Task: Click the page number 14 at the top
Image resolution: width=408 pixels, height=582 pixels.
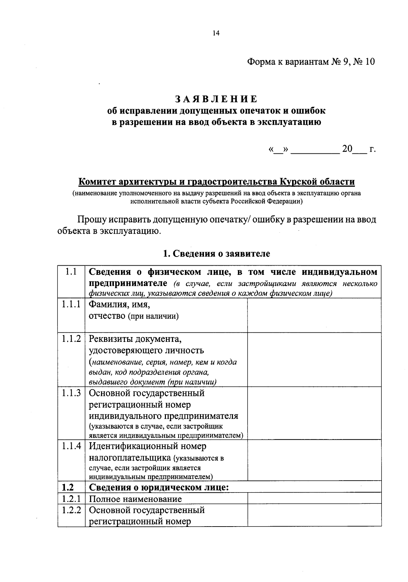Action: point(216,33)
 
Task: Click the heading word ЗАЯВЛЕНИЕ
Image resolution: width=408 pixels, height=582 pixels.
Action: point(216,99)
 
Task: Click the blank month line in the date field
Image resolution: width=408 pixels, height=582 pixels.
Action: point(315,150)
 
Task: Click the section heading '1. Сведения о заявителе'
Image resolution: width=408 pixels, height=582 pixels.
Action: point(216,253)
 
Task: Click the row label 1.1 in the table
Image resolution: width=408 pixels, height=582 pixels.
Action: point(71,272)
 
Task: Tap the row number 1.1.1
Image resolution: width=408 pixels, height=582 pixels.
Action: point(71,304)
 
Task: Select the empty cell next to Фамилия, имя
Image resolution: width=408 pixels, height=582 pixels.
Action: point(314,315)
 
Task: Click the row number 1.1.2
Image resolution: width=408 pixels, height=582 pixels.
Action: point(71,338)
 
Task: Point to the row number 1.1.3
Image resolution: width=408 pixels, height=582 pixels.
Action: point(71,393)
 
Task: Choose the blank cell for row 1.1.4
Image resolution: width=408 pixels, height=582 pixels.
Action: point(314,460)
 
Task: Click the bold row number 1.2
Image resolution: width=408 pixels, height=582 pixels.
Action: point(68,487)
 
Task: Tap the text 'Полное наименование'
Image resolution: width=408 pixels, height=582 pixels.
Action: point(135,499)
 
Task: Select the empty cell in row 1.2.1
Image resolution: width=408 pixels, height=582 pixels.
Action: point(314,499)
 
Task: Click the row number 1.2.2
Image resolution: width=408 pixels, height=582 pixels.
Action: point(71,510)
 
